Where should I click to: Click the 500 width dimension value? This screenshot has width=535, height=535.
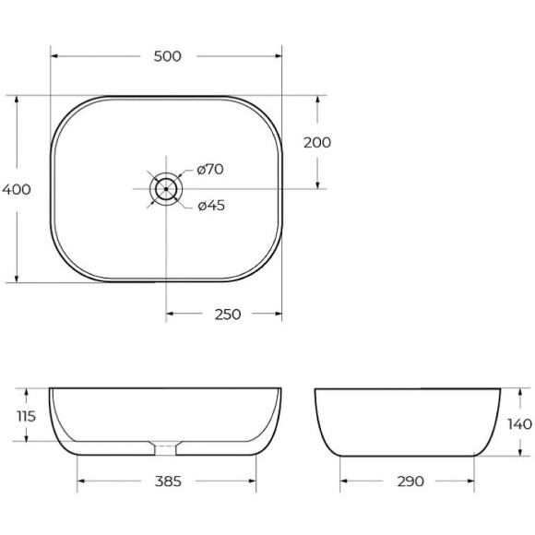167,56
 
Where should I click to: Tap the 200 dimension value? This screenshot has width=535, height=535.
316,142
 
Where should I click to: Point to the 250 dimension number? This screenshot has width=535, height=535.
227,315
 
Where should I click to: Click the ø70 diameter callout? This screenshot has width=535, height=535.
209,169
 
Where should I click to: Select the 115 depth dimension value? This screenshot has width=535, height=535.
26,416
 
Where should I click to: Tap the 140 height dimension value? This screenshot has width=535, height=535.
519,424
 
